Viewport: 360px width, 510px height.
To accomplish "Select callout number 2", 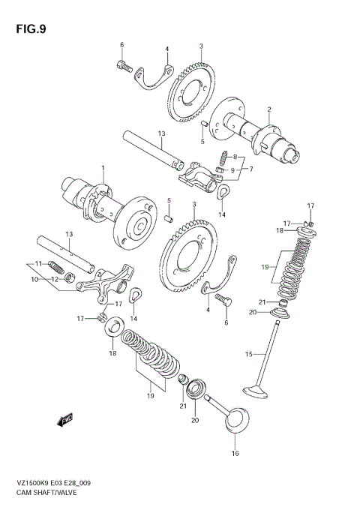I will point(268,110).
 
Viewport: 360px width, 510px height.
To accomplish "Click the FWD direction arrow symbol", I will point(65,418).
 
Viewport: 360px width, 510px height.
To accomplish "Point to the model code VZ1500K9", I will point(31,484).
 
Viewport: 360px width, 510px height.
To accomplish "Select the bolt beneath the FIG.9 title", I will point(124,67).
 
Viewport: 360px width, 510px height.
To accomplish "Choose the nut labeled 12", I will point(70,280).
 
